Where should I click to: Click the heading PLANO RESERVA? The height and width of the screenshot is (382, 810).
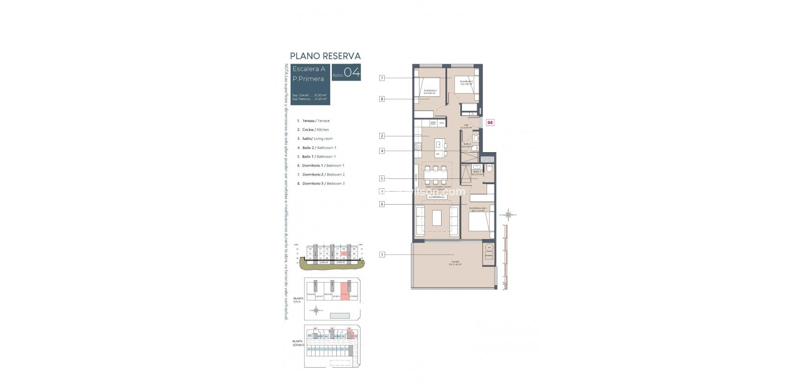(325, 56)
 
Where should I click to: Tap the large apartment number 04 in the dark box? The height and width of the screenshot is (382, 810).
(352, 73)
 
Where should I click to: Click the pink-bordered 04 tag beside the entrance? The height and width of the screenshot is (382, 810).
(490, 122)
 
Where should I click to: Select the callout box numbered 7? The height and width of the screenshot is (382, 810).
(382, 78)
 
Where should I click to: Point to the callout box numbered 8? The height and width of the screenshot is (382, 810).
(382, 99)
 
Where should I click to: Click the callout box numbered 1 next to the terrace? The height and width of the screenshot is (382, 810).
(382, 255)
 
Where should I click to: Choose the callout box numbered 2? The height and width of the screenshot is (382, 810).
(382, 136)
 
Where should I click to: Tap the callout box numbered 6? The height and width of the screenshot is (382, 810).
(382, 204)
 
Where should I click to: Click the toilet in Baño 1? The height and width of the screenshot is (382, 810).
(489, 169)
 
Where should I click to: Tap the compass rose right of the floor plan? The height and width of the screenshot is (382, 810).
(508, 214)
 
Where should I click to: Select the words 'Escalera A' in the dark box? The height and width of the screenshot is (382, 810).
(309, 69)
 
